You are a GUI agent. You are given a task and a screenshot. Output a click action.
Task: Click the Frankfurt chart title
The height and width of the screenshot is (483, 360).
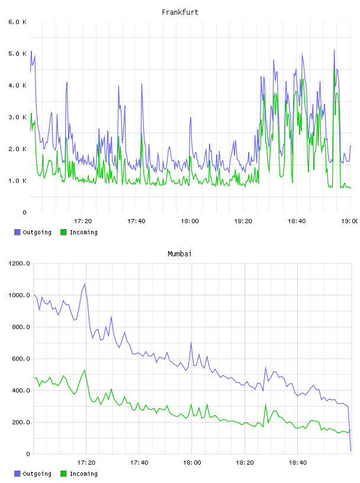coord(180,12)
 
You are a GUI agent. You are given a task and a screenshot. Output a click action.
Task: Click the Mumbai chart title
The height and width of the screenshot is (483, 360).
coord(179,254)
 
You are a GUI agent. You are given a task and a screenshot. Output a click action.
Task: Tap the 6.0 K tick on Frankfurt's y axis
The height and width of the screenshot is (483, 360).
coord(18,22)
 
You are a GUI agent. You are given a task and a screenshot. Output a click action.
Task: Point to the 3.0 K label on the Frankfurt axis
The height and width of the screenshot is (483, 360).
coord(18,117)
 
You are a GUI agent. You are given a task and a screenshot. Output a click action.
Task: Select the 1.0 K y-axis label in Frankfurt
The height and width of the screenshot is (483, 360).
coord(18,181)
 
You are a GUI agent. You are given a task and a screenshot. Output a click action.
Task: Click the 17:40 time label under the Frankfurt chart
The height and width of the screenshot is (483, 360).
coord(136,221)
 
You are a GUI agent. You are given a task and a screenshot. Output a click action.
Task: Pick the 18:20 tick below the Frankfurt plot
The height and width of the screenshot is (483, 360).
coord(243,221)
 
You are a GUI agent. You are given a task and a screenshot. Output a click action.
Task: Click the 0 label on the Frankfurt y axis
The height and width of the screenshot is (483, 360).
coord(25,212)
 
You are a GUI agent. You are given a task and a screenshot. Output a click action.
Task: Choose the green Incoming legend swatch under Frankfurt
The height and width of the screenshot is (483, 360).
coord(63,232)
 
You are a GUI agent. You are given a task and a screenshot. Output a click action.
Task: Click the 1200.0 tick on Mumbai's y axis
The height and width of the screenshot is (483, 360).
coord(19,263)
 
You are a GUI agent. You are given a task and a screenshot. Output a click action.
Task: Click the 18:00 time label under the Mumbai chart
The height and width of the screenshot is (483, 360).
coord(192,462)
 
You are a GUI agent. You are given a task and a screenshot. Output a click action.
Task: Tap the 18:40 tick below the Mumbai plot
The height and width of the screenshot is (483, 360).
coord(298,462)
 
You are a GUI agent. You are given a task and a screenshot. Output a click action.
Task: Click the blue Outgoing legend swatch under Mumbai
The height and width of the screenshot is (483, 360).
coord(17,474)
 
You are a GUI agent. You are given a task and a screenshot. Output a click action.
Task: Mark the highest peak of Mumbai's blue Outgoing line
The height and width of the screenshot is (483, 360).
coord(85,284)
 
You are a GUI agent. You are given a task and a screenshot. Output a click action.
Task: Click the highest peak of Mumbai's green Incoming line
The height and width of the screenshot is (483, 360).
coord(85,371)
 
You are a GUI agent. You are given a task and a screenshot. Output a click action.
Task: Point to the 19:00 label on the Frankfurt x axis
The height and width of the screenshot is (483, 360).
coord(350,221)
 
